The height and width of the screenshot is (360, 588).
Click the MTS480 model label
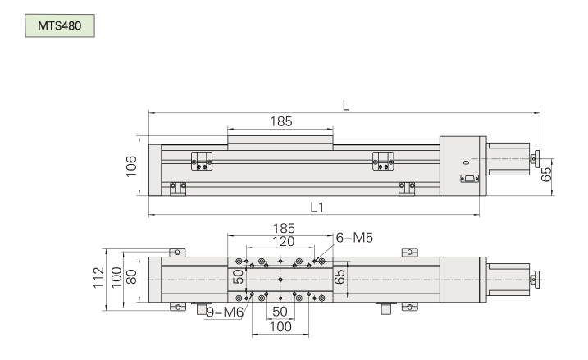tap(60, 25)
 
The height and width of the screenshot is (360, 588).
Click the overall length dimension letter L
tap(346, 106)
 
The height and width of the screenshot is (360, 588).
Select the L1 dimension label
tap(317, 207)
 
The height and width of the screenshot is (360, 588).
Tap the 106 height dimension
tap(131, 166)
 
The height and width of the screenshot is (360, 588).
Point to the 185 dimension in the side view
tap(281, 121)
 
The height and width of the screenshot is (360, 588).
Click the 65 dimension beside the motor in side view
tap(546, 174)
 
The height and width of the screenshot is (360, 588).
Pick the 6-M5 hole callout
tap(354, 238)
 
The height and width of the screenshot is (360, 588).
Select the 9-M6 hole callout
tap(225, 312)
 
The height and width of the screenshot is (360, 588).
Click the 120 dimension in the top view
tap(283, 241)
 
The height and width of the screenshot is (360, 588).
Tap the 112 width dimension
tap(98, 278)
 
